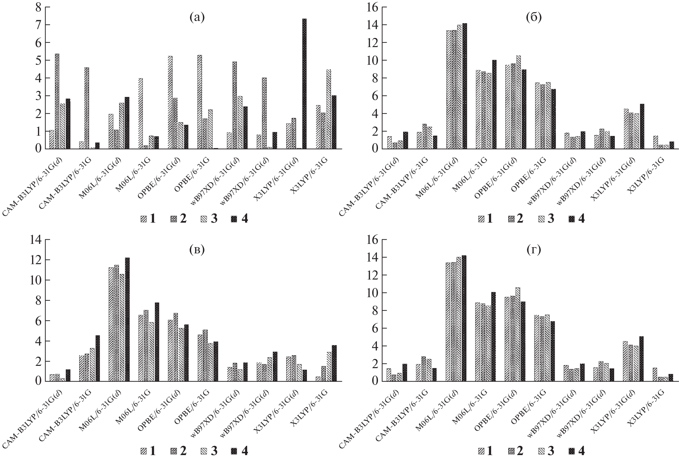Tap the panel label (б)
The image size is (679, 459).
pos(534,17)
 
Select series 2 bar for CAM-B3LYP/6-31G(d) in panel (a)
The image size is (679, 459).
pos(57,101)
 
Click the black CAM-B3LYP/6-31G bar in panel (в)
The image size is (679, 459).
pos(98,358)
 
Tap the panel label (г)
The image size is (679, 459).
pos(534,250)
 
